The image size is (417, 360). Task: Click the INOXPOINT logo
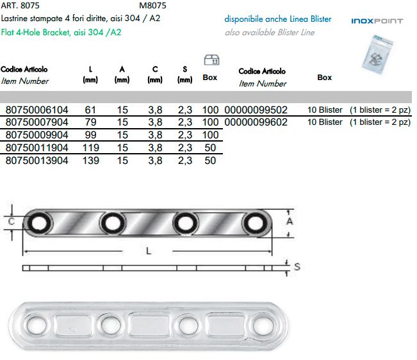tap(377, 21)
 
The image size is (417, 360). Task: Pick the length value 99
tap(90, 135)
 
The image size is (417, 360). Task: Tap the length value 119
tap(90, 148)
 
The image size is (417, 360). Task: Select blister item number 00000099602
tap(256, 122)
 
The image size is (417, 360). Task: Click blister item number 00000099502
tap(256, 110)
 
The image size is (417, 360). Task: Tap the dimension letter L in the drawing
tap(148, 252)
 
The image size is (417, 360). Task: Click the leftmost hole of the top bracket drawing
tap(41, 223)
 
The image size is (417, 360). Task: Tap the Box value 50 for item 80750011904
tap(209, 148)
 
